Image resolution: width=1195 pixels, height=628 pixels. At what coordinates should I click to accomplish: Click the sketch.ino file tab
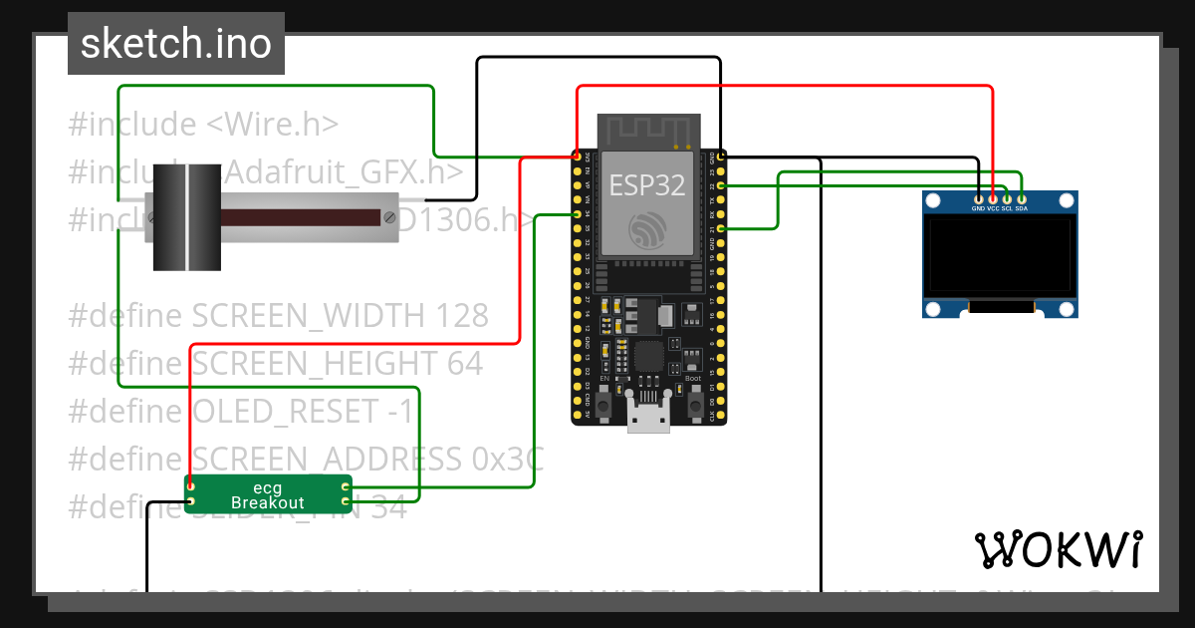[175, 44]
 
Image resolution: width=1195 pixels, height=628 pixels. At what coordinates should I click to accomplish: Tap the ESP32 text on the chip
[645, 185]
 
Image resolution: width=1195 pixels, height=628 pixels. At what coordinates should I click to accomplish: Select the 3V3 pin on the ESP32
[577, 157]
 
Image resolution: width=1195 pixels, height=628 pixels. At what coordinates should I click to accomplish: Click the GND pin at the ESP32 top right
[720, 157]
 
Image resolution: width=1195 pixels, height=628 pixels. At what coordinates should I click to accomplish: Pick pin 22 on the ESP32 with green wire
[720, 185]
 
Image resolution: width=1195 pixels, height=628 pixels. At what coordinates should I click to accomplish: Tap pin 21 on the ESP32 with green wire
[720, 229]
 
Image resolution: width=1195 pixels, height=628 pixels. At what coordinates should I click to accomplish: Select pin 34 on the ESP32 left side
[577, 214]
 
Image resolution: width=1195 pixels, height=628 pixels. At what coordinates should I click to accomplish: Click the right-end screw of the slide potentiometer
[388, 216]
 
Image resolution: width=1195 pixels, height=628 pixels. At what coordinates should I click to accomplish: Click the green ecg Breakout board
[268, 494]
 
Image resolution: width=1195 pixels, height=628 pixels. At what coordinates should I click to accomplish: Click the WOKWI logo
[1058, 549]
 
